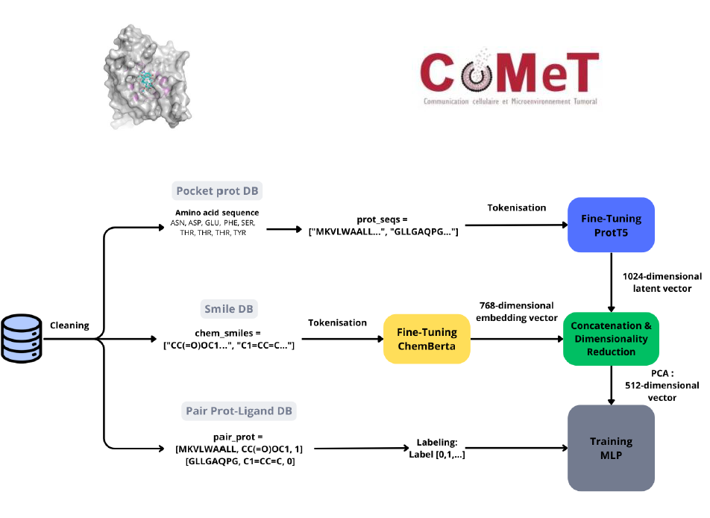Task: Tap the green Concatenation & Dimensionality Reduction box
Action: point(611,338)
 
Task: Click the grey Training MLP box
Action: point(611,448)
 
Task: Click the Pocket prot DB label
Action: point(217,191)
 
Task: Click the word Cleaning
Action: point(69,325)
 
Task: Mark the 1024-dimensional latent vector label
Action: point(656,282)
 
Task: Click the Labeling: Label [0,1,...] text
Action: point(437,447)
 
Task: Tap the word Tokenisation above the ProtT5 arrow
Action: point(516,207)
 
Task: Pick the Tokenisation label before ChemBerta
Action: point(337,322)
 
